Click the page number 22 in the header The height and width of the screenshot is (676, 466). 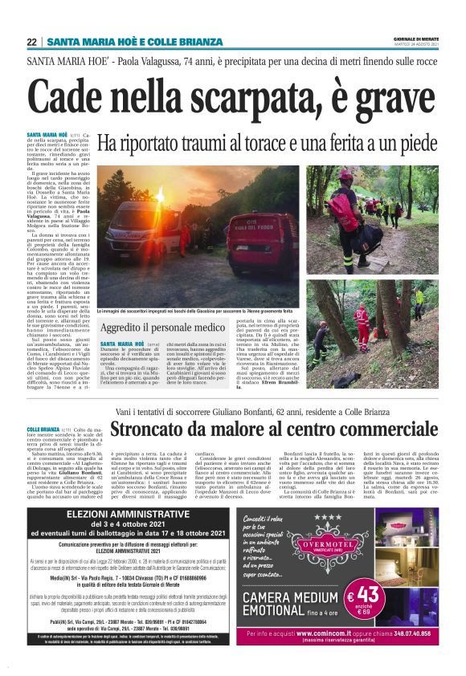pyautogui.click(x=31, y=42)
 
